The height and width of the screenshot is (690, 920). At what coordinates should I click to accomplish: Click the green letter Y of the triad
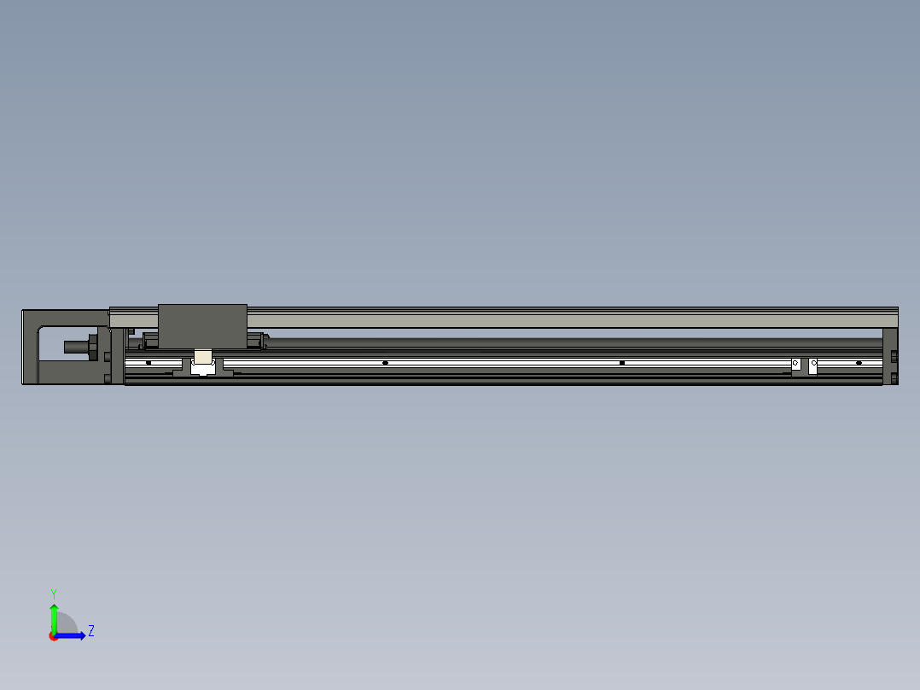53,593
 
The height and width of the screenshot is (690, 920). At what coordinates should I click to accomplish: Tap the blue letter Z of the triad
90,631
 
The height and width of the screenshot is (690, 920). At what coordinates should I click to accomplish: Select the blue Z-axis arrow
73,635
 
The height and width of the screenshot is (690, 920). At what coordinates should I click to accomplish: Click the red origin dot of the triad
54,636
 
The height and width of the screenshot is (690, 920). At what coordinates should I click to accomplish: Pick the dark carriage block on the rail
202,325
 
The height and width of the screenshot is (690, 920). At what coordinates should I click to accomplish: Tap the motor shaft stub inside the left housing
78,347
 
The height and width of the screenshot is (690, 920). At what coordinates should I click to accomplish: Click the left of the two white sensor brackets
795,365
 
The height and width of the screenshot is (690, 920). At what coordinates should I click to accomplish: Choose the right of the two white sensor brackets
813,365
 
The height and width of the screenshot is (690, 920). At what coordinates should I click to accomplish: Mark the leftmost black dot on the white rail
148,363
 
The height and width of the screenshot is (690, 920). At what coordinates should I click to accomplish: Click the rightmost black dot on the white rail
859,363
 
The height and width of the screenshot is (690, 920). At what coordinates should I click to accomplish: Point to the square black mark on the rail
622,363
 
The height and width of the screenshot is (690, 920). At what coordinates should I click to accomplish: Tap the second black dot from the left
385,363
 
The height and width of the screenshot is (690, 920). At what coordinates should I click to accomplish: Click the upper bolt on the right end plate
894,356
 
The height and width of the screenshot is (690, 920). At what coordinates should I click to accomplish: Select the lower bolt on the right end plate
894,377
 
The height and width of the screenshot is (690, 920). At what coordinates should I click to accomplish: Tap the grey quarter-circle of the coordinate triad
67,624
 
